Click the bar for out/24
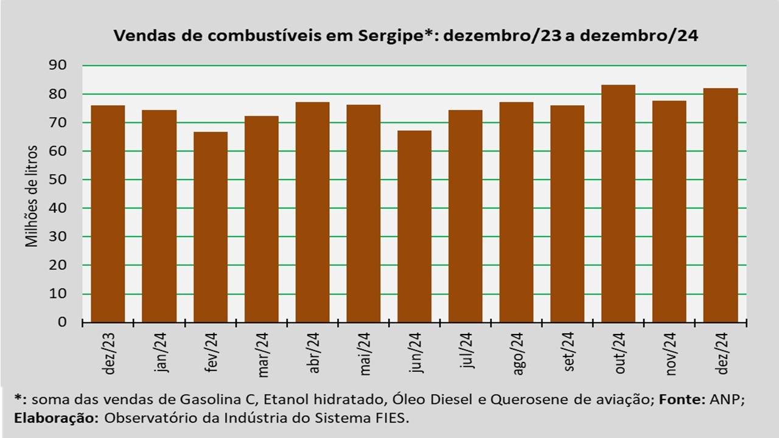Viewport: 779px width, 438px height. pyautogui.click(x=618, y=204)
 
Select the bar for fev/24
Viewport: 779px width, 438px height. pyautogui.click(x=211, y=228)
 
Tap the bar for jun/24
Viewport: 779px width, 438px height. pyautogui.click(x=414, y=227)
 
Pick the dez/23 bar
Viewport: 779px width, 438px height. pyautogui.click(x=108, y=214)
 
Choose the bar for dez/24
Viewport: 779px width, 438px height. pyautogui.click(x=721, y=206)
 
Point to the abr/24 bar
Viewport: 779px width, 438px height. pyautogui.click(x=313, y=212)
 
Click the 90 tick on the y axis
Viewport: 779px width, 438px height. pyautogui.click(x=58, y=65)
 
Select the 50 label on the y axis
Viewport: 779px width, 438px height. pyautogui.click(x=58, y=179)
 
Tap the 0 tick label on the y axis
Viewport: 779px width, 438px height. pyautogui.click(x=62, y=322)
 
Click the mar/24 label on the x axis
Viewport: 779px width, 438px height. pyautogui.click(x=264, y=355)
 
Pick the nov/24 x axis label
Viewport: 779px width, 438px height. pyautogui.click(x=671, y=354)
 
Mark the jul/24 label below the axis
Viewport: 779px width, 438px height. pyautogui.click(x=467, y=350)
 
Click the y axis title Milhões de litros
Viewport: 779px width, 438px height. pyautogui.click(x=32, y=196)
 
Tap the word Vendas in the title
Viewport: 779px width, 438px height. pyautogui.click(x=145, y=35)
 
